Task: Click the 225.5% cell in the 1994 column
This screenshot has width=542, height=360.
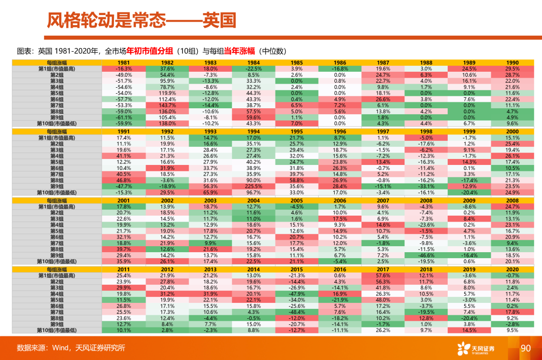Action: (x=254, y=186)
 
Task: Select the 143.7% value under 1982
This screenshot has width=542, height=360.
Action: (x=167, y=105)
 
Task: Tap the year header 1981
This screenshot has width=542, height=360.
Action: (x=124, y=63)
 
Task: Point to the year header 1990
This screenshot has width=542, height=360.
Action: (x=512, y=63)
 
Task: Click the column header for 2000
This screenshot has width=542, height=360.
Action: (x=512, y=131)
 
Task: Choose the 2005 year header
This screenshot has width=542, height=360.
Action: (x=297, y=200)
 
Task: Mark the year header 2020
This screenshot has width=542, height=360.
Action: (x=512, y=269)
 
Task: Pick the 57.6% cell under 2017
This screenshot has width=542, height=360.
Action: (x=383, y=276)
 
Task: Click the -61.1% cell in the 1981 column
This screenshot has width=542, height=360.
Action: (x=124, y=117)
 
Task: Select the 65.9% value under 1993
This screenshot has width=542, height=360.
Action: (x=210, y=192)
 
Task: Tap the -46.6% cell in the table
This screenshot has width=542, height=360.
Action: (x=426, y=255)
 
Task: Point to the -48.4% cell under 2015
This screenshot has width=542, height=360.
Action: (x=297, y=312)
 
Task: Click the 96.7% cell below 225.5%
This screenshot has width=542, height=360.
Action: (x=254, y=192)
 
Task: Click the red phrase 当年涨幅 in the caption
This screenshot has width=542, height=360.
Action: (x=239, y=51)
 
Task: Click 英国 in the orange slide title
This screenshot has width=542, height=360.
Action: (x=219, y=20)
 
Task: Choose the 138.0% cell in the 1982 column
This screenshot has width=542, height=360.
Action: (x=167, y=123)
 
